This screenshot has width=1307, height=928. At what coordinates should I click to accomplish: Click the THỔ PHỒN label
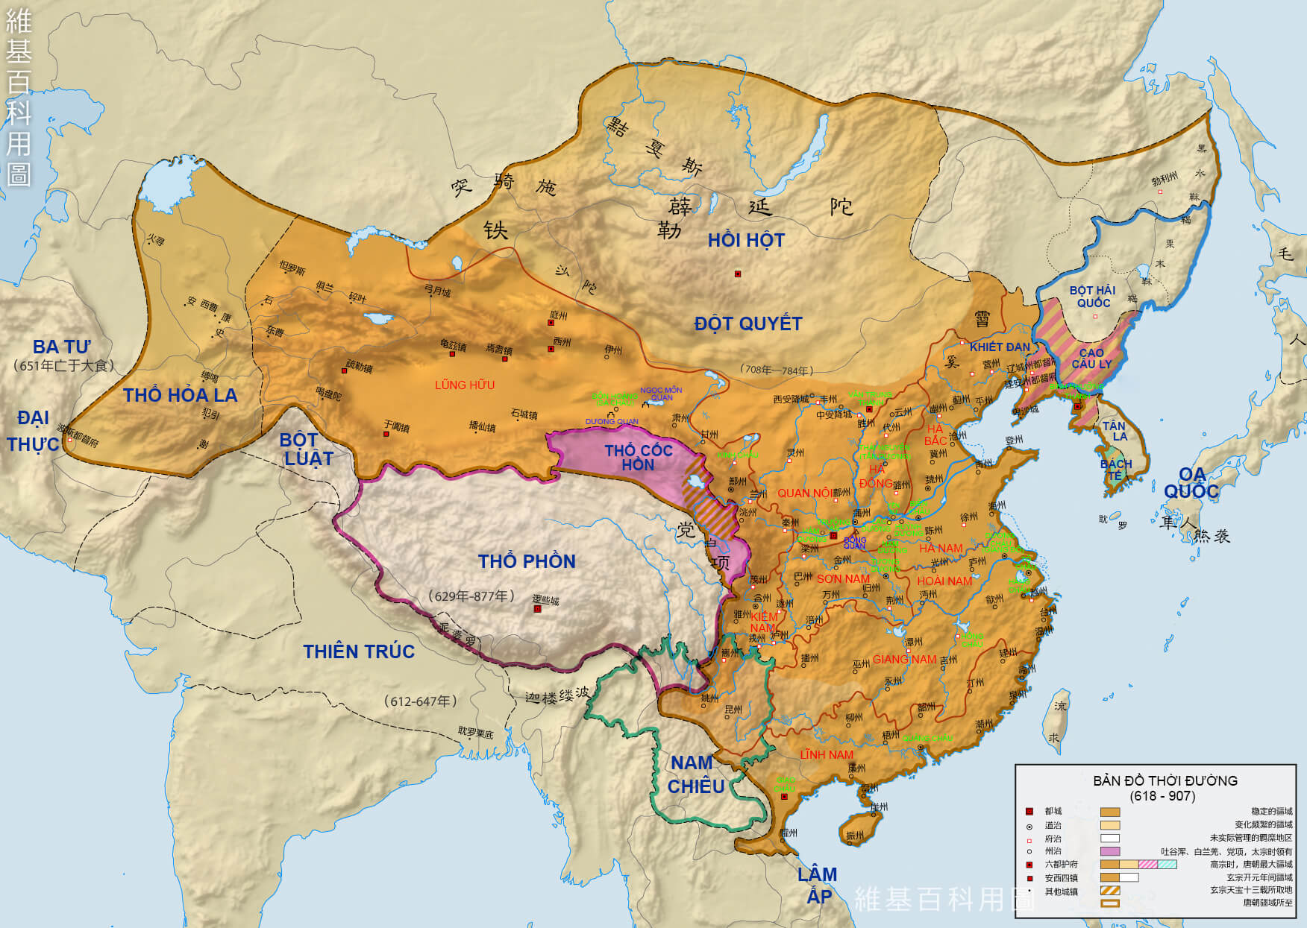pos(527,561)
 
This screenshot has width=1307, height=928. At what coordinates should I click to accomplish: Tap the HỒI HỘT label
pos(746,240)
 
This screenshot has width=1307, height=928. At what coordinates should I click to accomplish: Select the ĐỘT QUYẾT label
pos(748,323)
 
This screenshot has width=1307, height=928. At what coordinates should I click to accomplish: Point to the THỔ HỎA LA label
pos(180,395)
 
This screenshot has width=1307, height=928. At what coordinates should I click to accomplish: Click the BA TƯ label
pos(61,347)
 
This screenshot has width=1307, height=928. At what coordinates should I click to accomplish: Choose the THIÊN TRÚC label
pos(359,651)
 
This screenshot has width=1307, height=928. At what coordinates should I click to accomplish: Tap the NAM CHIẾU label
pos(695,774)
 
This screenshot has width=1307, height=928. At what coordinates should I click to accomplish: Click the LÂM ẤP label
pos(818,885)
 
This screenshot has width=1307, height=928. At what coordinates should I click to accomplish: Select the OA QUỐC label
pos(1191,483)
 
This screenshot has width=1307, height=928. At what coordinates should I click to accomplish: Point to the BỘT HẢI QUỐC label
pos(1092,296)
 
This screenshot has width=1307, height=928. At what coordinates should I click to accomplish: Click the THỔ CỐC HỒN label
pos(639,458)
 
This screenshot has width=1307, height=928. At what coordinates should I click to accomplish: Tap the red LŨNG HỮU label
pos(465,385)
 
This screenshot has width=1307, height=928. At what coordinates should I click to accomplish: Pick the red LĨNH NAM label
pos(827,754)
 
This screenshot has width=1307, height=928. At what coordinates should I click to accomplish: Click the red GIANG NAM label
pos(904,659)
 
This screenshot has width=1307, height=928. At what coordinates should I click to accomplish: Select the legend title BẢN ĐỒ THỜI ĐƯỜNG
pos(1165,780)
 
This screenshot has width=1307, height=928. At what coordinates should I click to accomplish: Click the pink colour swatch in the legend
pos(1109,850)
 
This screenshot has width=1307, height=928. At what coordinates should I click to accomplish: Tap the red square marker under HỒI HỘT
pos(738,274)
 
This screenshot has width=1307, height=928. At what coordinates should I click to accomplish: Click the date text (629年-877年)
pos(471,596)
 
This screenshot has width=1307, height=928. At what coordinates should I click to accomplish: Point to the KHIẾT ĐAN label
pos(999,347)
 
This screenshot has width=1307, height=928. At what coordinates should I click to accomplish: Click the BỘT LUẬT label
pos(308,449)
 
